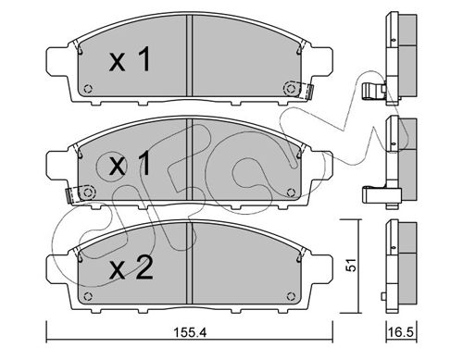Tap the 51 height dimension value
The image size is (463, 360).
(x=351, y=265)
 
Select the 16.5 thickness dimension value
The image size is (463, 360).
(x=401, y=333)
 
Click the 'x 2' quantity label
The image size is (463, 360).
(x=131, y=268)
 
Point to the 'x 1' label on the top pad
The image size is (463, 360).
(x=130, y=59)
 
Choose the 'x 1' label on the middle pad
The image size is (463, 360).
(x=130, y=164)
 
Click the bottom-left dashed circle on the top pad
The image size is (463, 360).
(x=88, y=89)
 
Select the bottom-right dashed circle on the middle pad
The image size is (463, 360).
(x=291, y=192)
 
